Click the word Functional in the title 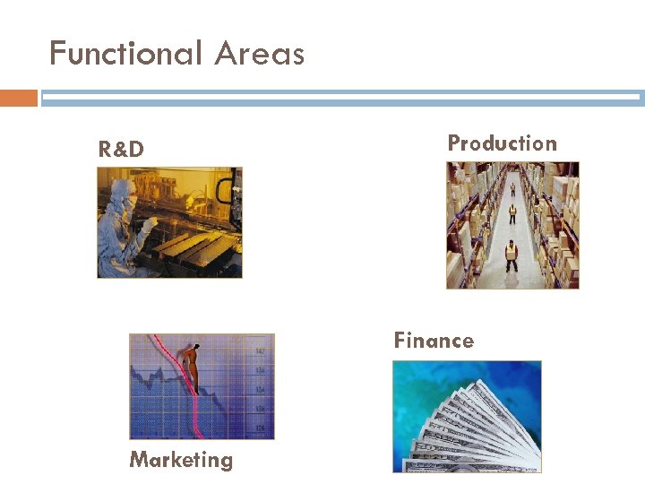(x=126, y=54)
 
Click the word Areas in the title (x=260, y=54)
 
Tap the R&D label (x=121, y=150)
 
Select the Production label (x=502, y=143)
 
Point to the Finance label (x=434, y=341)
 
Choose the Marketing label (x=181, y=460)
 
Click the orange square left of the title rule (x=19, y=98)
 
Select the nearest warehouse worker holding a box (x=512, y=256)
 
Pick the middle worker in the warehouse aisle (x=512, y=213)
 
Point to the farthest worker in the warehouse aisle (x=512, y=188)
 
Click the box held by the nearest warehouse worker (x=512, y=254)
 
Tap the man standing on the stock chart (x=189, y=367)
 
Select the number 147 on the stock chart (x=259, y=350)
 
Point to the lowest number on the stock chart (x=260, y=428)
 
